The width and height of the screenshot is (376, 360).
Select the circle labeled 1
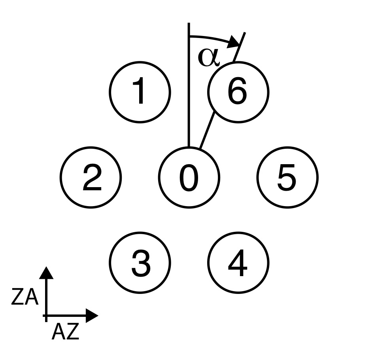pos(140,92)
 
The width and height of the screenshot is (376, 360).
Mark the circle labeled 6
pos(238,92)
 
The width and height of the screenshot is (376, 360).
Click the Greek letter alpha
pos(208,57)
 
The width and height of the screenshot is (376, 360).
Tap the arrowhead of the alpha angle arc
pos(236,42)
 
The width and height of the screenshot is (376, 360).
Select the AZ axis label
pos(65,332)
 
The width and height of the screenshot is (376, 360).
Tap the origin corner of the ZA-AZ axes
pos(46,316)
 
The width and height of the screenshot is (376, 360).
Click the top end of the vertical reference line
pos(189,25)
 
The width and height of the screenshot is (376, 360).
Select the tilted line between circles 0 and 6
pos(208,131)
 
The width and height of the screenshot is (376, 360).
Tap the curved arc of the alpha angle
pos(212,38)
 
